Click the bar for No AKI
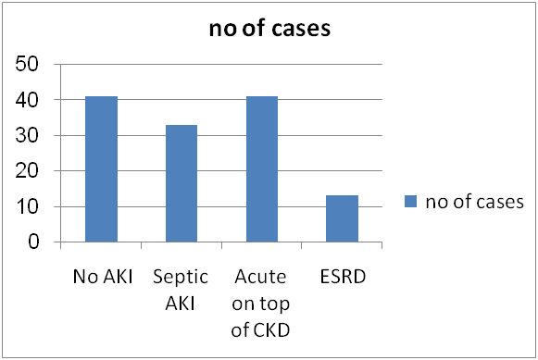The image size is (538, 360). [101, 169]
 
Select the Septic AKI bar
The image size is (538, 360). [181, 184]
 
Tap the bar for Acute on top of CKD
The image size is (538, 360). [262, 169]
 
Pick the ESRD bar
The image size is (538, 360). [342, 218]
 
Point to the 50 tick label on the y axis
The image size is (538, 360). [27, 64]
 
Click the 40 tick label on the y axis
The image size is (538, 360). [27, 100]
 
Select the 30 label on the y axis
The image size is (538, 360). [27, 135]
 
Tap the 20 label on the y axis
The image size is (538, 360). [27, 170]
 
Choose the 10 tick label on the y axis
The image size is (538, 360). [27, 206]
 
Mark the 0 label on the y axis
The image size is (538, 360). [33, 242]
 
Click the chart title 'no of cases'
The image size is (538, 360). [269, 28]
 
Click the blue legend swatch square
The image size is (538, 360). [411, 201]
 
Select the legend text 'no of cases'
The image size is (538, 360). [474, 202]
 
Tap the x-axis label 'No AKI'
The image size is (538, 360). [103, 277]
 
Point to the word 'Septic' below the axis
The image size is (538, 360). [181, 277]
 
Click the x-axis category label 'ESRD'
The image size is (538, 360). [343, 277]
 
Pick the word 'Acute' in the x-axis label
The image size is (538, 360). [260, 277]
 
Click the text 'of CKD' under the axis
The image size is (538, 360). [260, 329]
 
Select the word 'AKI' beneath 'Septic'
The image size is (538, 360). [180, 304]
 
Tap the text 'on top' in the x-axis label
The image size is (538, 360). [260, 304]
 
